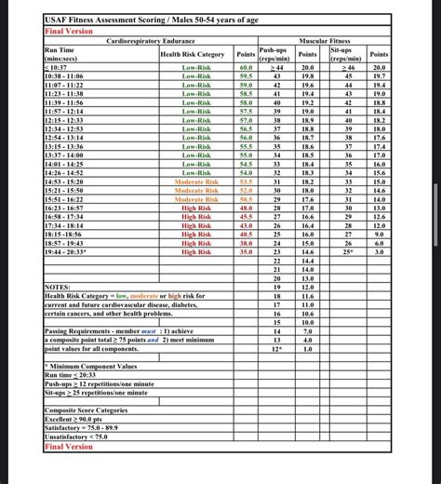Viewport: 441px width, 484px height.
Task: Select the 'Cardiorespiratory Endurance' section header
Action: pyautogui.click(x=151, y=42)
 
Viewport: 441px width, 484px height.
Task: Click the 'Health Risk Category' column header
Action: pyautogui.click(x=193, y=54)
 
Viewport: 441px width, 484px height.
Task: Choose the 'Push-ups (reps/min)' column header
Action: pyautogui.click(x=274, y=54)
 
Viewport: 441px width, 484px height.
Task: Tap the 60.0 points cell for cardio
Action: pyautogui.click(x=246, y=68)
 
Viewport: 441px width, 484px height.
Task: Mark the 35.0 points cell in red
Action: pyautogui.click(x=246, y=251)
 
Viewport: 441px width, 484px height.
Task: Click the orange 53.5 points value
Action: pyautogui.click(x=246, y=181)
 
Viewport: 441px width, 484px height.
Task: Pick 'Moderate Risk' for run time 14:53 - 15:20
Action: pyautogui.click(x=196, y=181)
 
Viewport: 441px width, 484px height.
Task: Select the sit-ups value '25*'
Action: pyautogui.click(x=349, y=251)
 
